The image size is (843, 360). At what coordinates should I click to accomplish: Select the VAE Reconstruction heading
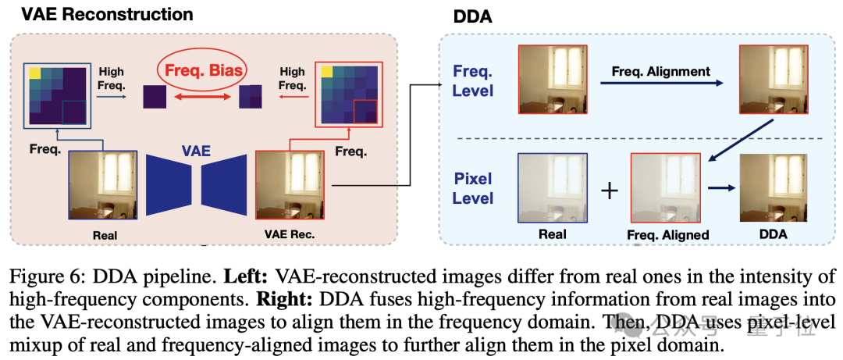click(98, 14)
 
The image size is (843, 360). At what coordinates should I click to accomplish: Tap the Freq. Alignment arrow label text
click(660, 71)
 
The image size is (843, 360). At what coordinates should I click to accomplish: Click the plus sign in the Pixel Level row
click(610, 191)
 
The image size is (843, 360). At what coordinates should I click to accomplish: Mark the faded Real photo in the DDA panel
click(552, 187)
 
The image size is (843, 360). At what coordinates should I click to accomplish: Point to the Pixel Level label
click(473, 188)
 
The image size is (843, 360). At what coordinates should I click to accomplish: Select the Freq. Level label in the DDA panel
click(473, 81)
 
